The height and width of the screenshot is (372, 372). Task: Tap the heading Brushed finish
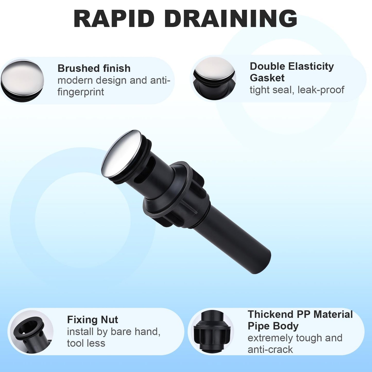[94, 68]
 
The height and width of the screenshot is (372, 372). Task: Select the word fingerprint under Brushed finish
[81, 92]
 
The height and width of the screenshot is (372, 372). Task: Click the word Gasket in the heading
[267, 78]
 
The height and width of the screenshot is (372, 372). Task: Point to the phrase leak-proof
[321, 90]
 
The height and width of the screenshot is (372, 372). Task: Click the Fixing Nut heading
[92, 320]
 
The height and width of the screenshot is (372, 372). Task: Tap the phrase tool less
[86, 343]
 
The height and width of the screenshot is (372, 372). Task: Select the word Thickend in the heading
[270, 314]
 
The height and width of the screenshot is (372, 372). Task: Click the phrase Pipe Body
[273, 326]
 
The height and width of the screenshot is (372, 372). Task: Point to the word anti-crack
[270, 350]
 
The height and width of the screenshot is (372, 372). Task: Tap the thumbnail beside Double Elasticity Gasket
[214, 78]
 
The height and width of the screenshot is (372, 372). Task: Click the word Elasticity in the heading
[311, 67]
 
